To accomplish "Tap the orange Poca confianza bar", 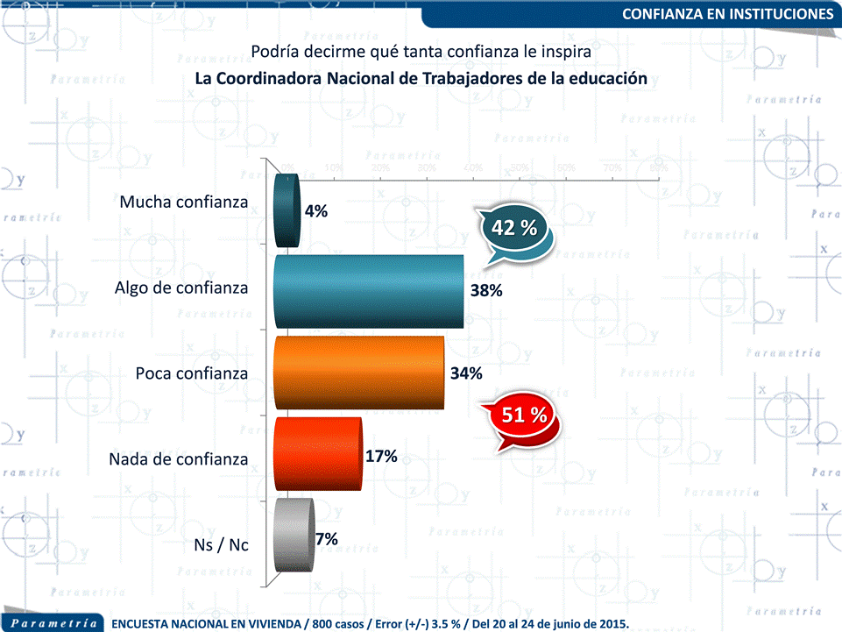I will coord(359,372).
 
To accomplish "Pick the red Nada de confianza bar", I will coord(317,453).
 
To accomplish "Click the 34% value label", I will coord(466,373).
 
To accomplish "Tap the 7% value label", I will coord(327,539).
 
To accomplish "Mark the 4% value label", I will coord(316,211).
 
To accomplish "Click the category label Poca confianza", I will coord(192,373).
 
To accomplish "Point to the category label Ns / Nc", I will coord(221,545).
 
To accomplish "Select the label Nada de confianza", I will coord(178,458).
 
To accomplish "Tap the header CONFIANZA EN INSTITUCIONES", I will coord(727,14).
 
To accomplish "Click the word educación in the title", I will coord(607,78).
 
